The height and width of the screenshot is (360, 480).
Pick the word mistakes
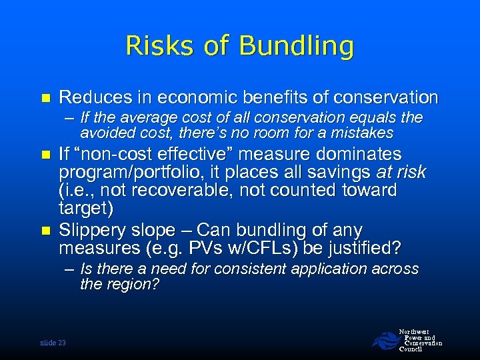(359, 133)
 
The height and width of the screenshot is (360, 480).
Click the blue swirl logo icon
(384, 340)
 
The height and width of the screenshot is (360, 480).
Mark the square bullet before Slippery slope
(45, 231)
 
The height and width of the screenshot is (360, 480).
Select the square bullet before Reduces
(45, 97)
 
